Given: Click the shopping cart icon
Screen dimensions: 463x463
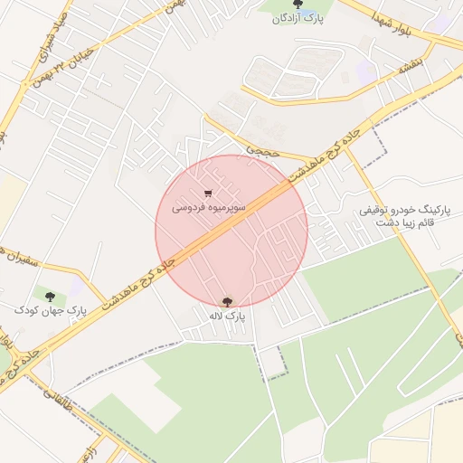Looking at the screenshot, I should [209, 194].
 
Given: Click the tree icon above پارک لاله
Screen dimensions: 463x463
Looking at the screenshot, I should [227, 302].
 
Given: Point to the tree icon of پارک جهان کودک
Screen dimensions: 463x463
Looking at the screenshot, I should [50, 296].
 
